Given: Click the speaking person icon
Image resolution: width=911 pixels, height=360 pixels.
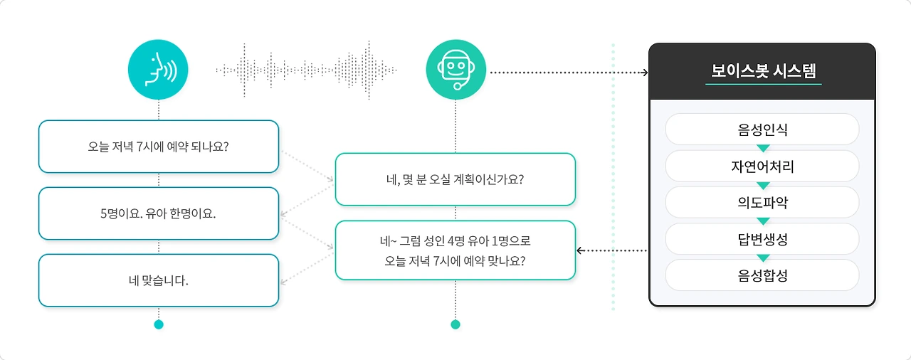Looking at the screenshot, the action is [158, 69].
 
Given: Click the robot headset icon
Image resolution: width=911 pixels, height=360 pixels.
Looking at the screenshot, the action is [455, 69].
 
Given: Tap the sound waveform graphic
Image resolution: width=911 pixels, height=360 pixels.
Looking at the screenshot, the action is [306, 70].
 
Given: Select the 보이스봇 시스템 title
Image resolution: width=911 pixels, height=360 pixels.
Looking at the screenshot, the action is [763, 71].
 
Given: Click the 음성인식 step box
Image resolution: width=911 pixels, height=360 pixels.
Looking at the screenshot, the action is [762, 129].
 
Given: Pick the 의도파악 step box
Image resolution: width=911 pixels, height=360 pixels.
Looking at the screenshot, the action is [762, 203].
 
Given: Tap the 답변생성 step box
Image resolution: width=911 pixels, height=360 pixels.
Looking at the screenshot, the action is [762, 239].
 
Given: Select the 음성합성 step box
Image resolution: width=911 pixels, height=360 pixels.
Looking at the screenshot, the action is [762, 275].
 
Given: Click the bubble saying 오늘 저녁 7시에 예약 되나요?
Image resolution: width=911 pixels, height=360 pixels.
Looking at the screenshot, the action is [158, 147].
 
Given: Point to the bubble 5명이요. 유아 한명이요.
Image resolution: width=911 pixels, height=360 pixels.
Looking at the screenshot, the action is [158, 213].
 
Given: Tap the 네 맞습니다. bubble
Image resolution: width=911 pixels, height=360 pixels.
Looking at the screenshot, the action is [158, 280].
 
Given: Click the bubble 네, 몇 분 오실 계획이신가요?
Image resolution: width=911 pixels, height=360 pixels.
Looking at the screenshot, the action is [455, 179].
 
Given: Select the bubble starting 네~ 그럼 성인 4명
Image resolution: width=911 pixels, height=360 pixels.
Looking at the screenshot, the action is [455, 250].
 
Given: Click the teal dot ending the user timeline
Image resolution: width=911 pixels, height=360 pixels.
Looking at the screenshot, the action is [159, 324].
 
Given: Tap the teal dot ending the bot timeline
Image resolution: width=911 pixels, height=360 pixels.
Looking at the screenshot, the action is [455, 324].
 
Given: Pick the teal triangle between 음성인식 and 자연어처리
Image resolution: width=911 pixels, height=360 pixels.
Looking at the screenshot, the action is [763, 149].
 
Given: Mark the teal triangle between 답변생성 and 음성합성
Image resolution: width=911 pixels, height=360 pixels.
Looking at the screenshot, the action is [763, 258].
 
